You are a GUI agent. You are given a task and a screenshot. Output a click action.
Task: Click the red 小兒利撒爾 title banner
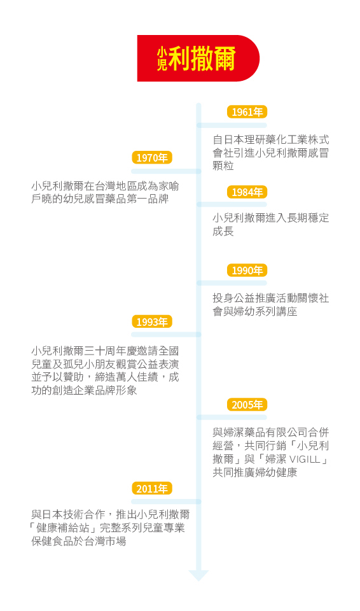coord(198,59)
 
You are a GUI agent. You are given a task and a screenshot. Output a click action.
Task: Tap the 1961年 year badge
coord(247,112)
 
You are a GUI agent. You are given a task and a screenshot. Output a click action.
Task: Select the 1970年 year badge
coord(152,157)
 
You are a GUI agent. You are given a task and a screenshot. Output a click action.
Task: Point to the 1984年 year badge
coord(247,192)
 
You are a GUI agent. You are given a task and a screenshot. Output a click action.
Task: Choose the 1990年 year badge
coord(247,270)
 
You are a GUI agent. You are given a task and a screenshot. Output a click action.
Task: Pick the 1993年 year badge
coord(152,321)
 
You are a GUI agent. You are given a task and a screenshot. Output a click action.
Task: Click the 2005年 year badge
coord(247,405)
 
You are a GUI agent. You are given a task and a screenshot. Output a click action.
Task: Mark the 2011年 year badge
coord(152,488)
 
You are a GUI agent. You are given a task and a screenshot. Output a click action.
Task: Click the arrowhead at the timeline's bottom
coord(198,575)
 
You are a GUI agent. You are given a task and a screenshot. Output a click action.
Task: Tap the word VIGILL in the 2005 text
coord(305,459)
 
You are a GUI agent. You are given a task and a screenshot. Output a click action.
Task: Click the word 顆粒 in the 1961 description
coord(223,165)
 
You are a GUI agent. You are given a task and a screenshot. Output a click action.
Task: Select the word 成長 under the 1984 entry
coord(223,231)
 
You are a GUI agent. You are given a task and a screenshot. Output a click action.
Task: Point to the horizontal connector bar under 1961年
coord(232,125)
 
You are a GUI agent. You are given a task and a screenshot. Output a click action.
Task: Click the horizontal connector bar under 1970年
coord(167,171)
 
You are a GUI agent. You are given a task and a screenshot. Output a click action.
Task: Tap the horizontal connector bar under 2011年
coord(167,502)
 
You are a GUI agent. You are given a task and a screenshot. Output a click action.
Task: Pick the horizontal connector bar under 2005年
coord(232,418)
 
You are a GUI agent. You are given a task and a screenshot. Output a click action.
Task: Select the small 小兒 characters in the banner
coord(162,59)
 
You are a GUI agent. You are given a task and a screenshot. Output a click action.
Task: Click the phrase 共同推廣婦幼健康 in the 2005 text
coord(255,472)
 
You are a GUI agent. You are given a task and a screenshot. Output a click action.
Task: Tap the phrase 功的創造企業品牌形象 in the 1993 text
coord(84,390)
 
